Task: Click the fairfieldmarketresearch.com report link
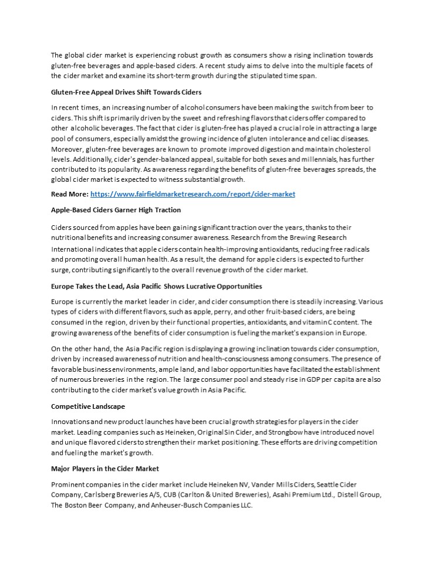click(193, 194)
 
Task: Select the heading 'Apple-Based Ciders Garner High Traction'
click(116, 209)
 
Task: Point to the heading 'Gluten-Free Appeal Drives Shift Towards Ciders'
click(126, 92)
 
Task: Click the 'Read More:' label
click(70, 194)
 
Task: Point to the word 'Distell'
click(346, 495)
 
